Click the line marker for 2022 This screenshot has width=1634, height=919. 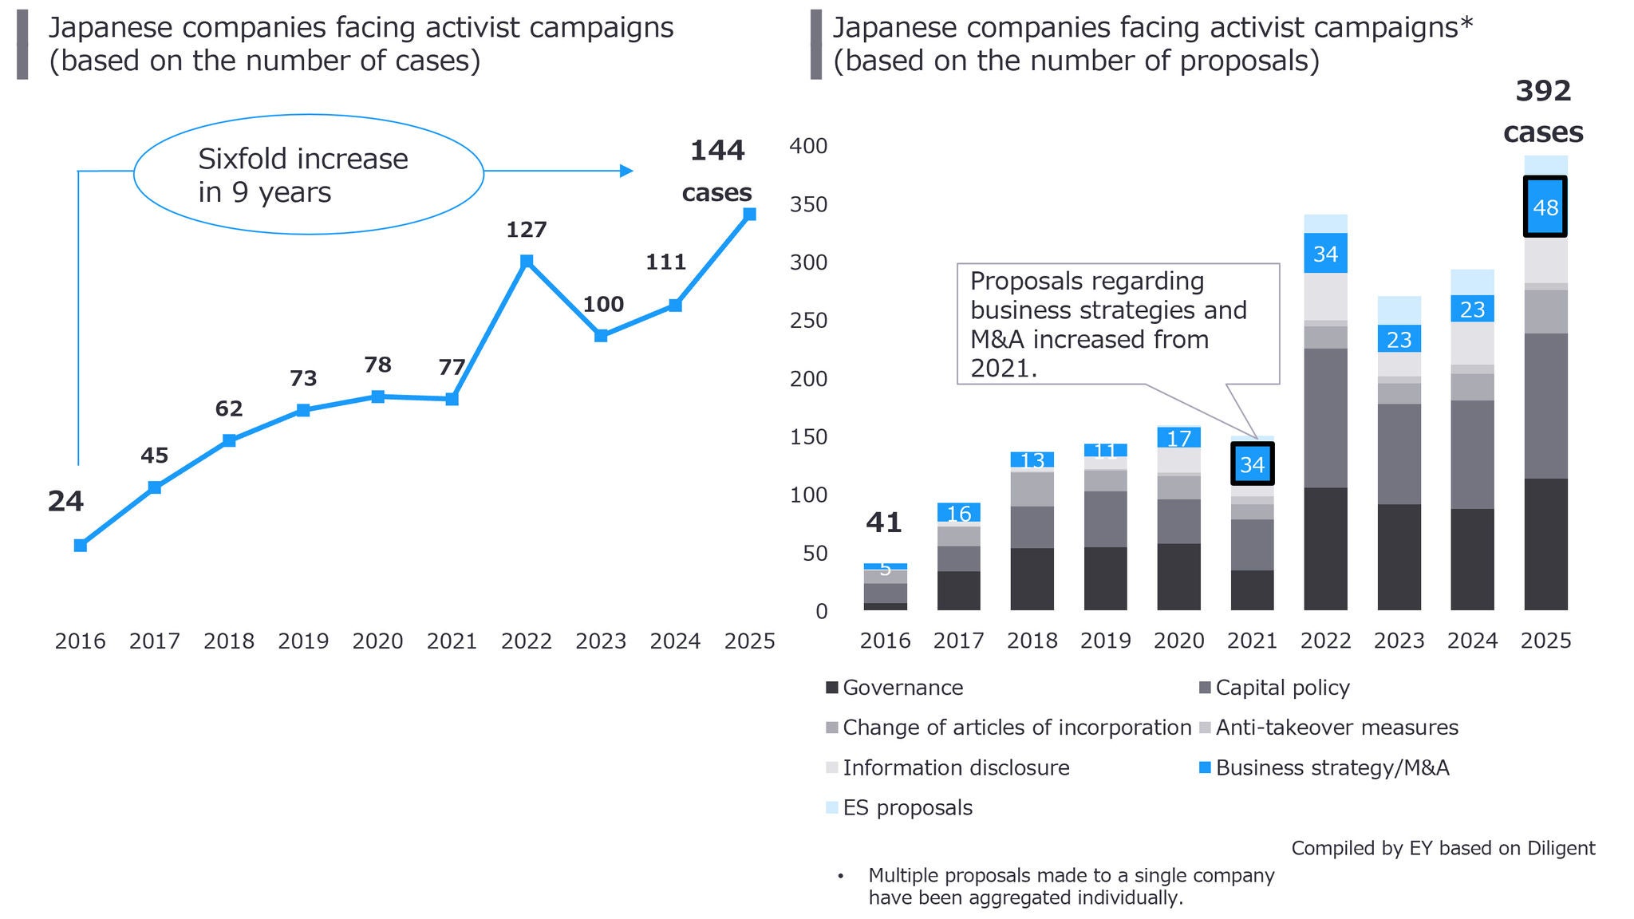coord(527,261)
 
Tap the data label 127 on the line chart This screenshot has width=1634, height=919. coord(527,230)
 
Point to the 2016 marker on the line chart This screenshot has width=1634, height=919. coord(81,546)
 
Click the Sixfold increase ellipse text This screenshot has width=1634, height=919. coord(303,176)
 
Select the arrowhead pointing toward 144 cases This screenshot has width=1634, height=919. coord(626,171)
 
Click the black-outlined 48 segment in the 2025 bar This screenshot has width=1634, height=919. coord(1545,207)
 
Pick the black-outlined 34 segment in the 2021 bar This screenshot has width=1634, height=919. coord(1252,464)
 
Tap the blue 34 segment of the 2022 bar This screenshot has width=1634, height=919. coord(1325,254)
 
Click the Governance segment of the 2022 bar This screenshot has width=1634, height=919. coord(1325,549)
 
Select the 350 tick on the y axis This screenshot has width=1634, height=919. coord(808,204)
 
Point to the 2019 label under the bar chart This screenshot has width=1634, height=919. coord(1105,641)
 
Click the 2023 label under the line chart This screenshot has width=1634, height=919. coord(601,641)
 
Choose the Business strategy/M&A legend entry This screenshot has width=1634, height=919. coord(1332,767)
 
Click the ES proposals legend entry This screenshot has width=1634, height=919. coord(907,807)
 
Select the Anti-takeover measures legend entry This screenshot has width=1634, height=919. coord(1336,728)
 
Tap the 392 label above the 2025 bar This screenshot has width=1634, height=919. coord(1543,91)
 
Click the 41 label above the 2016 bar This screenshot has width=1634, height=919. coord(884,523)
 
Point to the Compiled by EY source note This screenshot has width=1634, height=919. coord(1443,848)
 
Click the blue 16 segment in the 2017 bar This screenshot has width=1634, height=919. coord(958,513)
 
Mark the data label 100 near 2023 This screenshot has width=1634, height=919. coord(603,304)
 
